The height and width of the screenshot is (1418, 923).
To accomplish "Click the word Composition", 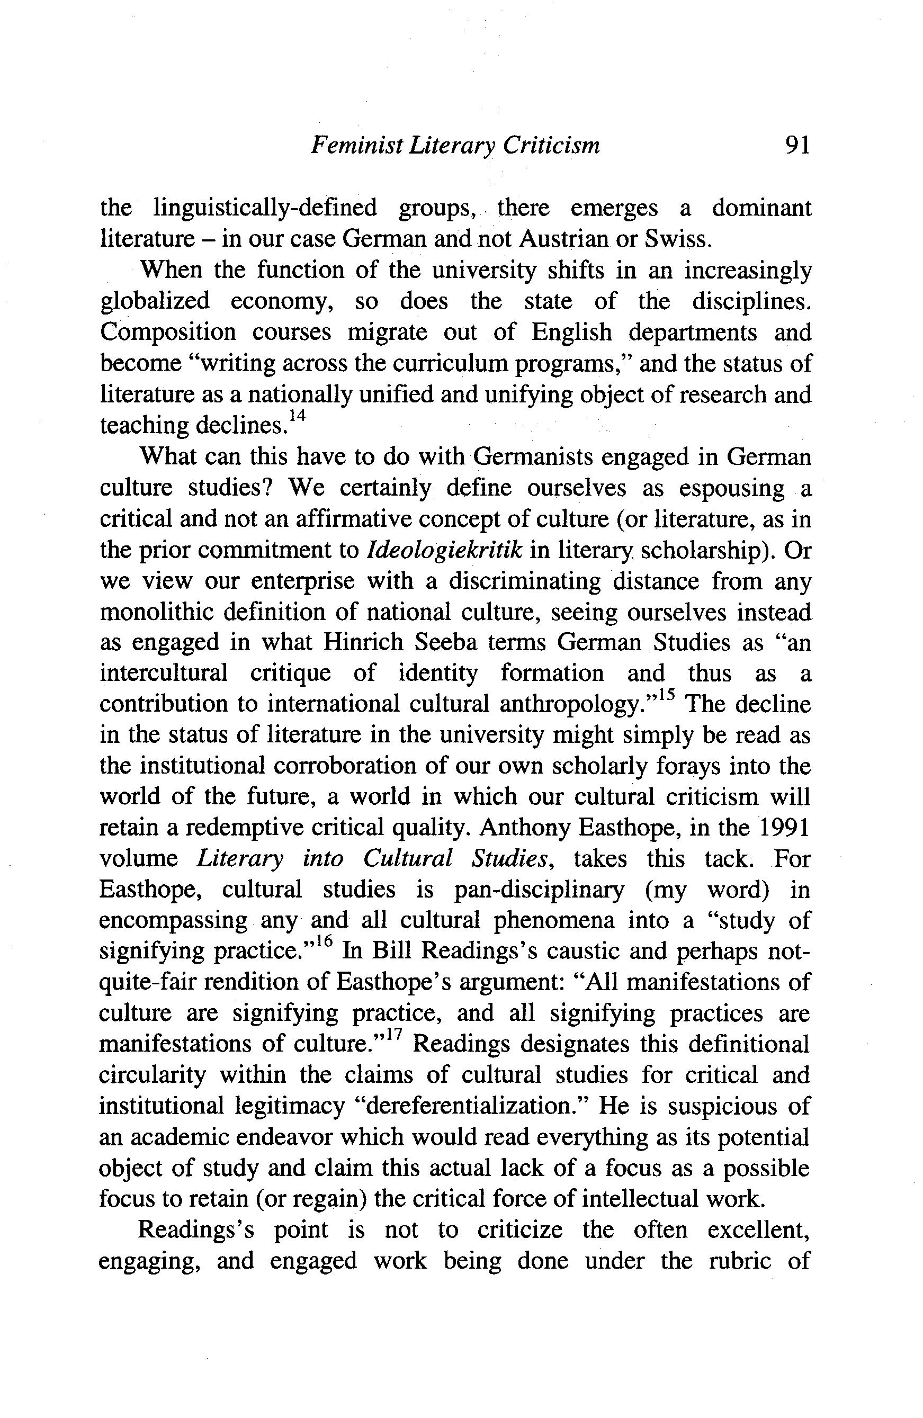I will [167, 333].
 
